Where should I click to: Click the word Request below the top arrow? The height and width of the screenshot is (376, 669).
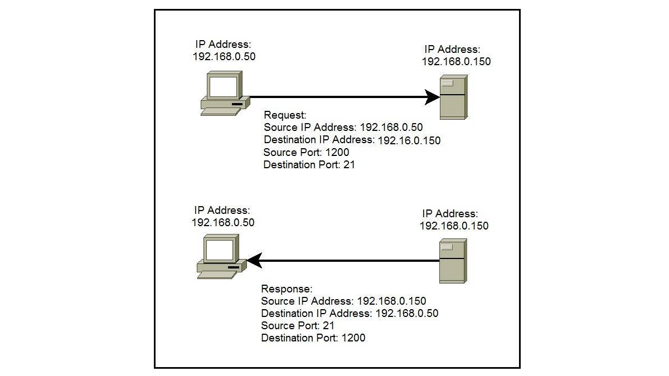click(x=285, y=115)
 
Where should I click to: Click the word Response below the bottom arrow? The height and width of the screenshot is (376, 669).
click(x=287, y=289)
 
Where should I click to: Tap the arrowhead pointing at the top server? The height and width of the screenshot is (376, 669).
click(x=432, y=97)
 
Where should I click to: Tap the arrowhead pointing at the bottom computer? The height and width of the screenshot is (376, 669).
click(x=254, y=261)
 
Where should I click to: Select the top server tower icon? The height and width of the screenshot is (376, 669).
click(x=454, y=97)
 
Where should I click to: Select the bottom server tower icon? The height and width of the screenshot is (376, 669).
click(x=453, y=261)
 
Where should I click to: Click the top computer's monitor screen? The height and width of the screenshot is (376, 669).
click(x=223, y=86)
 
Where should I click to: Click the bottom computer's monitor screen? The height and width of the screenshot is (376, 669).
click(x=220, y=250)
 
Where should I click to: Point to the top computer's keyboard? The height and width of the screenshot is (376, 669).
click(x=221, y=111)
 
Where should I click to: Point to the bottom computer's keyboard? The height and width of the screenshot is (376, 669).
click(x=217, y=275)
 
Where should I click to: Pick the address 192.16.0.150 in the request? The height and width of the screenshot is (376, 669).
click(x=409, y=140)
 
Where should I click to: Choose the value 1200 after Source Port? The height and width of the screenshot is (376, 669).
click(x=337, y=152)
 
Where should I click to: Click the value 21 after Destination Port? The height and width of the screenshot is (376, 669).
click(x=349, y=164)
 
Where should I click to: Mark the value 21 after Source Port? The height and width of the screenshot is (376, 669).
click(x=328, y=325)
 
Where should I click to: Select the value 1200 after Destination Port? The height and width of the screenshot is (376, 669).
click(x=353, y=338)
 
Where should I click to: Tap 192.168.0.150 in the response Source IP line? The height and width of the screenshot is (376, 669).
click(x=391, y=301)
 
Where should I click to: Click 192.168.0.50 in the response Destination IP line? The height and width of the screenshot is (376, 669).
click(x=407, y=313)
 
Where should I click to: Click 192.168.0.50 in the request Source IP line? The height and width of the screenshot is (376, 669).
click(x=391, y=128)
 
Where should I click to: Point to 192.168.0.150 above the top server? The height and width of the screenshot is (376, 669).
click(x=456, y=61)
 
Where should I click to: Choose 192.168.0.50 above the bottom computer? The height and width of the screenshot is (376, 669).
click(x=223, y=223)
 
